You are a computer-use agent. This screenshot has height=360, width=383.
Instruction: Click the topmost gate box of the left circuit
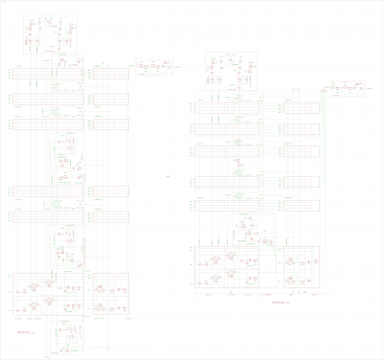coord(51,34)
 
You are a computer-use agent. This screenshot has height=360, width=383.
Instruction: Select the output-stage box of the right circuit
coord(347,89)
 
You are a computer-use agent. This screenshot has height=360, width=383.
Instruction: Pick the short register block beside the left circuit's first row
coord(111,74)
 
